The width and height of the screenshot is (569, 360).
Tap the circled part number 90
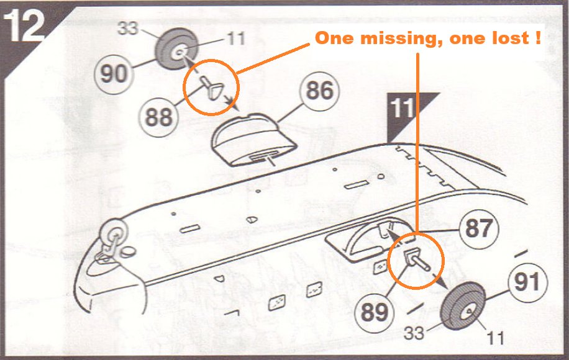click(x=114, y=74)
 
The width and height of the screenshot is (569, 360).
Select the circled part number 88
click(x=158, y=117)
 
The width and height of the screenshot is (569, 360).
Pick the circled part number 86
click(x=319, y=91)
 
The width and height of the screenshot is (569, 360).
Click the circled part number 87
click(x=479, y=229)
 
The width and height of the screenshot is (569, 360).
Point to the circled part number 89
click(x=374, y=312)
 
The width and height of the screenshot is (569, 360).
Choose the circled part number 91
click(x=527, y=282)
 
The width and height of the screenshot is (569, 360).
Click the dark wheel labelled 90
click(x=176, y=49)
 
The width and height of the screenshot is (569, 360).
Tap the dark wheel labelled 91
click(x=463, y=305)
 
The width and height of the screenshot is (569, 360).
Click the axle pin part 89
click(x=417, y=259)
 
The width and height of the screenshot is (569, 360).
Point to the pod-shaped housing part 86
click(x=254, y=140)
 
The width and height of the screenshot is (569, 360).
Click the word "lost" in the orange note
click(x=508, y=38)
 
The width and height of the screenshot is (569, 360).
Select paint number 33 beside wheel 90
click(x=128, y=29)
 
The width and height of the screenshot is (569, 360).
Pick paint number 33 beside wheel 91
click(x=414, y=333)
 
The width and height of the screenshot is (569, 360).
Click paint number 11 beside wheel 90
click(x=236, y=38)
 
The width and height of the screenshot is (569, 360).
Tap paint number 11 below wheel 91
click(x=495, y=338)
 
